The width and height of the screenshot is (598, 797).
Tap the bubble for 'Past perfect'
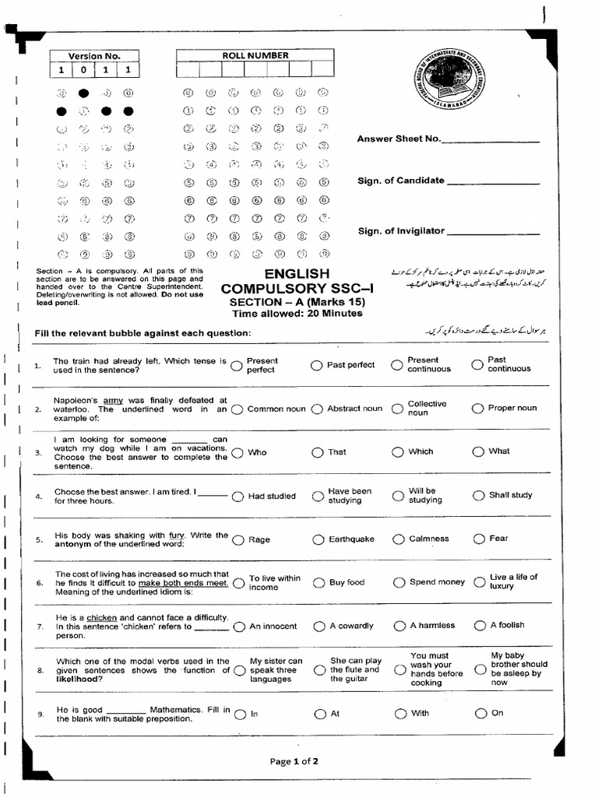click(x=317, y=365)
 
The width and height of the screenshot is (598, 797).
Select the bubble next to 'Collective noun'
click(x=398, y=409)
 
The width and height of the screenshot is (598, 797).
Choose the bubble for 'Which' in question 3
click(x=398, y=451)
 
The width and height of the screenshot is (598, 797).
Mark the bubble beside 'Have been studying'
click(x=318, y=496)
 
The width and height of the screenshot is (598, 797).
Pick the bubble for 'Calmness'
click(x=399, y=539)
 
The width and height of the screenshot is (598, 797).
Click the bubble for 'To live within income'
click(x=237, y=583)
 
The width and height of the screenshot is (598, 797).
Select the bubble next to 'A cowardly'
click(x=318, y=626)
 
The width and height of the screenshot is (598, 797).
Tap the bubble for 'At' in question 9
click(x=319, y=714)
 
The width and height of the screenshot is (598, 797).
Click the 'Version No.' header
click(x=94, y=56)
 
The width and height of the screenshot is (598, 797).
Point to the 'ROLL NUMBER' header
click(x=255, y=55)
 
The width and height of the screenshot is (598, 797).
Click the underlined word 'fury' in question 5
click(x=177, y=535)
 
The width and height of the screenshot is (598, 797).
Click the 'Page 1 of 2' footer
click(x=294, y=761)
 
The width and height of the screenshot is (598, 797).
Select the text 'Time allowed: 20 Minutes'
click(x=297, y=314)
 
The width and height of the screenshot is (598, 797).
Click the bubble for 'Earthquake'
click(x=318, y=539)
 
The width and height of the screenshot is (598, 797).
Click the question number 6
click(x=39, y=583)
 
